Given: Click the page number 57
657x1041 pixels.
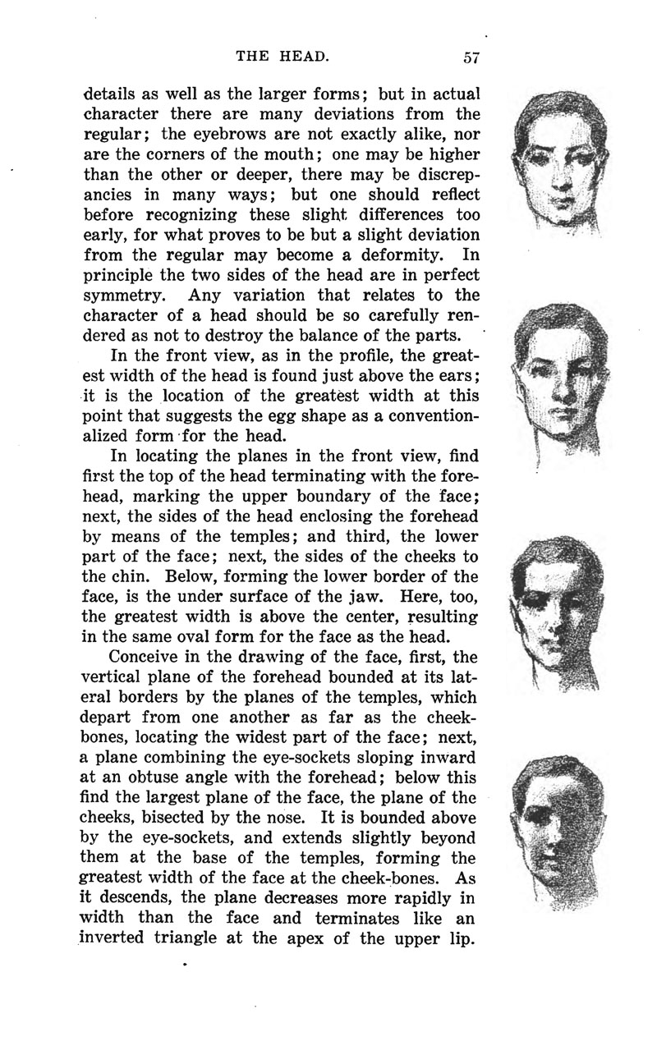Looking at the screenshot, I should (471, 57).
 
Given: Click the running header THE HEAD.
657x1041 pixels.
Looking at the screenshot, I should (283, 57).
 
